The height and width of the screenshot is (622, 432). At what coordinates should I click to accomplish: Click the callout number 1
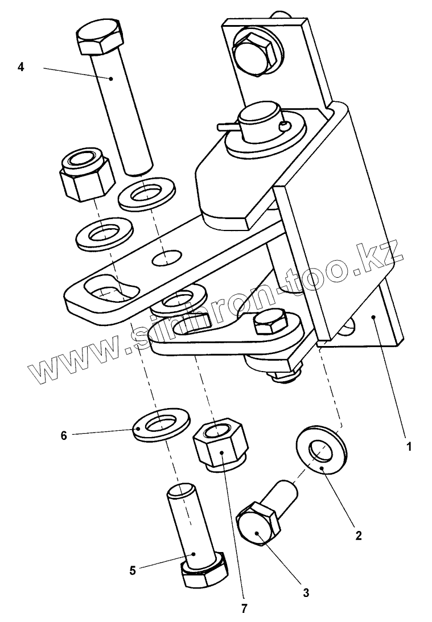pos(408,447)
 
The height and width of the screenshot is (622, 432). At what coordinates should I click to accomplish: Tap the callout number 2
pos(358,536)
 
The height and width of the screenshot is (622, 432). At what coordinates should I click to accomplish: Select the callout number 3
pos(306,592)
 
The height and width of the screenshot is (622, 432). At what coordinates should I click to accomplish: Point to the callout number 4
pos(21,67)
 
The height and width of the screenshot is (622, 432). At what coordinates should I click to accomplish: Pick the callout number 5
pos(133,570)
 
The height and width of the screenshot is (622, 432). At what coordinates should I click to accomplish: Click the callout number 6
pos(64,435)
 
